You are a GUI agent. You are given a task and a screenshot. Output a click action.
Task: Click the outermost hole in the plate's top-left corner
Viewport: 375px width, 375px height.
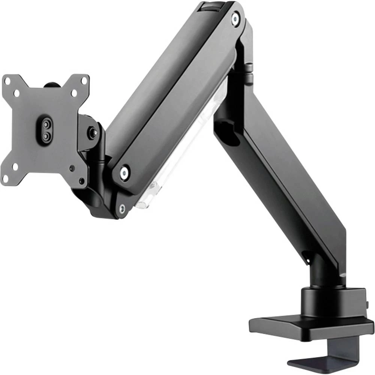pos(7,80)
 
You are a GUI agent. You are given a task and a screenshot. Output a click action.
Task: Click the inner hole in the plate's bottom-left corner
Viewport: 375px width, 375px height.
pos(15,166)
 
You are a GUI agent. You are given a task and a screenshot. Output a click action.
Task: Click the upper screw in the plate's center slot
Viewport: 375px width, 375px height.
pos(46,124)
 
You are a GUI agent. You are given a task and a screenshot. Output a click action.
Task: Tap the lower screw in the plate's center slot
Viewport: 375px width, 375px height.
pos(45,137)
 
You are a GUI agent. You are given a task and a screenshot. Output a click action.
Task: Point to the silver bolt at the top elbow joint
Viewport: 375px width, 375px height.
pos(235,17)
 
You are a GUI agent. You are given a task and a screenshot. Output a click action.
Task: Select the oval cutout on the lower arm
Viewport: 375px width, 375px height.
pos(228,131)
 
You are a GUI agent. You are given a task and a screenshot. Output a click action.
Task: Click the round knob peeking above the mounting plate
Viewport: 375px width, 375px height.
pos(50,85)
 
